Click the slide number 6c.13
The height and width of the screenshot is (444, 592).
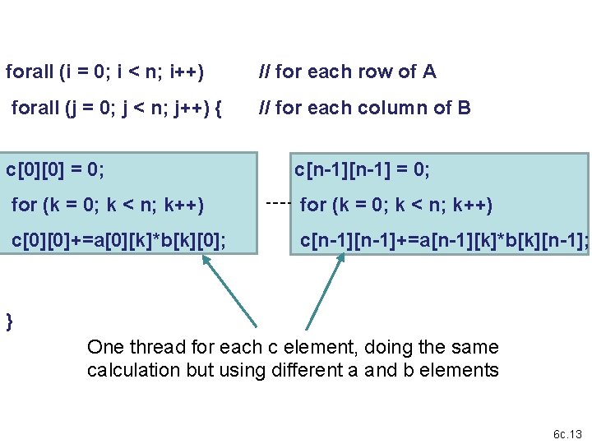click(x=567, y=434)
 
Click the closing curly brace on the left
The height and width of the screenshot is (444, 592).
click(x=10, y=321)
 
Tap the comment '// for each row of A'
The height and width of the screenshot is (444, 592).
click(x=347, y=72)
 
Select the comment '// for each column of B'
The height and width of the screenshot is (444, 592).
click(x=364, y=108)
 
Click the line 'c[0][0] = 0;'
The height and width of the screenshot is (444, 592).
click(x=55, y=170)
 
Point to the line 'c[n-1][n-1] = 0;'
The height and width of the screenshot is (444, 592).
click(x=363, y=170)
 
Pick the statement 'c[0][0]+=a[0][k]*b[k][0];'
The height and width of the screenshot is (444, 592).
click(x=119, y=240)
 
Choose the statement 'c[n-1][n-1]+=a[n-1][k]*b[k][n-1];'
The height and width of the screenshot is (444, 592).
click(x=444, y=240)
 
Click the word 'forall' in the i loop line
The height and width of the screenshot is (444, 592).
click(x=30, y=72)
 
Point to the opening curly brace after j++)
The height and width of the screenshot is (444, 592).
click(x=217, y=108)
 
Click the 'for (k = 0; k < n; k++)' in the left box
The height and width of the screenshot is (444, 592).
click(x=108, y=205)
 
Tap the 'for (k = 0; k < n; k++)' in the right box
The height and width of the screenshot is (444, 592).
click(x=397, y=205)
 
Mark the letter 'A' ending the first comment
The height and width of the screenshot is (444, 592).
click(x=429, y=72)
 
